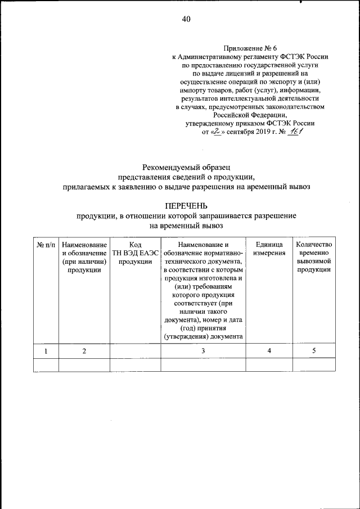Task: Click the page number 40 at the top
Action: (x=186, y=19)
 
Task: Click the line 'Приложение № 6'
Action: (x=250, y=49)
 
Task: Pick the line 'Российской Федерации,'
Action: (x=250, y=114)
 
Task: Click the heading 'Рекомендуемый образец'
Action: (x=186, y=166)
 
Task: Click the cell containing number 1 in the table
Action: (x=46, y=351)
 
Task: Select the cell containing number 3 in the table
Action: (x=202, y=351)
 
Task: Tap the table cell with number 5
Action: (x=314, y=351)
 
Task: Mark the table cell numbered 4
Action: (x=268, y=351)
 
